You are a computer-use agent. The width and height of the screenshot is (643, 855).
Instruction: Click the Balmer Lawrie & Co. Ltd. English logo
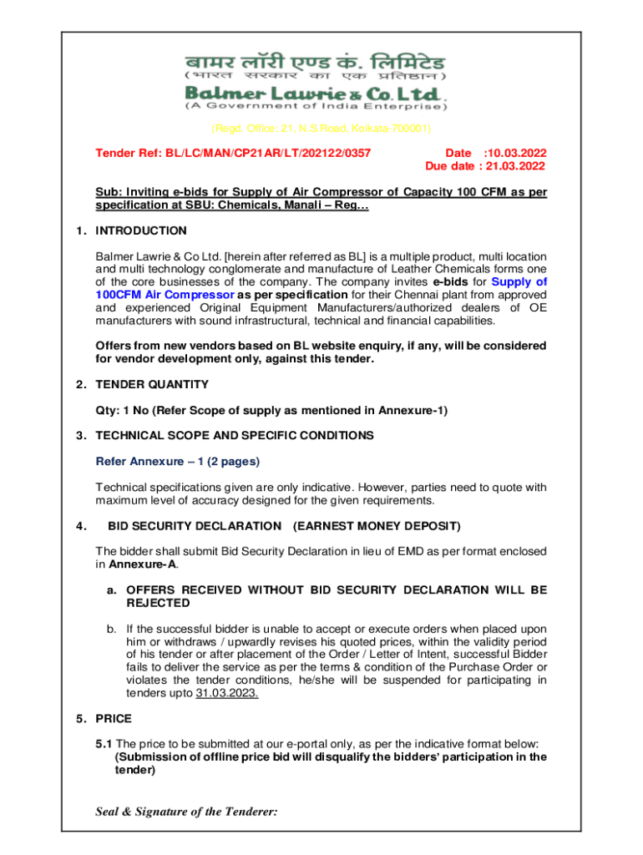315,92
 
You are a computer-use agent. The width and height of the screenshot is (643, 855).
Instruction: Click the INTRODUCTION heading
141,230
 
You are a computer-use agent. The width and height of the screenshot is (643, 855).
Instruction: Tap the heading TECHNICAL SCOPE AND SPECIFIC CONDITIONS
235,436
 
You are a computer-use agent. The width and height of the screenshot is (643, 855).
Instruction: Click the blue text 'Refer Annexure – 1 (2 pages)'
178,461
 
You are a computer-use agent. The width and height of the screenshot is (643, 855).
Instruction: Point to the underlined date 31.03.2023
227,693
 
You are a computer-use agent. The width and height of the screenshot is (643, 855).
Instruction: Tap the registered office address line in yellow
321,129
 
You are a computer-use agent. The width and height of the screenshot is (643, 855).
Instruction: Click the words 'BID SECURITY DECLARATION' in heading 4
195,526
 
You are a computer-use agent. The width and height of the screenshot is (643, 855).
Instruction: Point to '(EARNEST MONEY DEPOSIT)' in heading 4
377,526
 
